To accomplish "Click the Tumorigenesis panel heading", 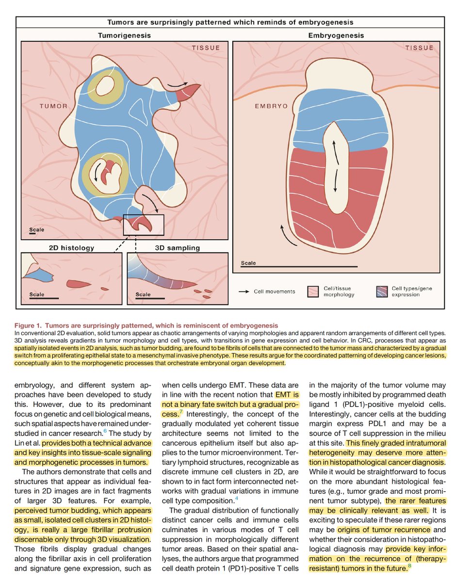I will (x=124, y=36).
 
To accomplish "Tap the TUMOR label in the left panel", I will (x=54, y=106).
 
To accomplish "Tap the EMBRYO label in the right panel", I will (x=270, y=105).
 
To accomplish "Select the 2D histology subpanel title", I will (x=72, y=248).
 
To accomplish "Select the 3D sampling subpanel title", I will (x=177, y=248).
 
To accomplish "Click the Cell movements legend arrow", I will (x=244, y=291).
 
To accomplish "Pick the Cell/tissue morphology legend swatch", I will (x=312, y=291).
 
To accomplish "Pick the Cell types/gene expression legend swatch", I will (x=382, y=291).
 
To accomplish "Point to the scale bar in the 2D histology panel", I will (x=44, y=298).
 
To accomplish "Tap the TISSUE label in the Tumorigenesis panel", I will (x=205, y=48).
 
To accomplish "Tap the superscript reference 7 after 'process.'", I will (x=181, y=412).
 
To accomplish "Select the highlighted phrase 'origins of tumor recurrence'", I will (x=377, y=529).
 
